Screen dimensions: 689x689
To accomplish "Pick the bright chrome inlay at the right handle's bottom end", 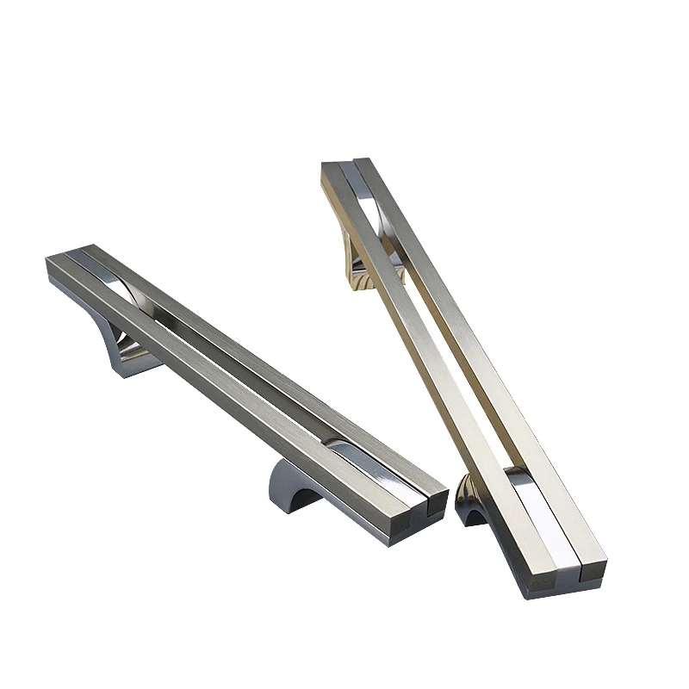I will click(x=534, y=508).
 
